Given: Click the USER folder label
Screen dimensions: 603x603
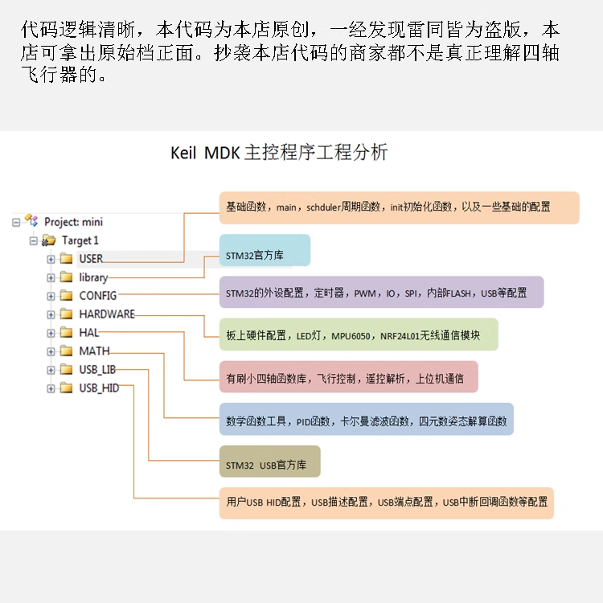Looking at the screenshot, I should click(91, 259).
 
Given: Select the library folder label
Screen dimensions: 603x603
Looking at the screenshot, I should click(93, 277).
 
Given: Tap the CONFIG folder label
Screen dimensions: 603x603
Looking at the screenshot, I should click(97, 296).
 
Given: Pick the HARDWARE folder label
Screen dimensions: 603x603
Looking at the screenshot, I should click(107, 314).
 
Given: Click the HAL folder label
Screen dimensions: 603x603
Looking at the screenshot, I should click(89, 333).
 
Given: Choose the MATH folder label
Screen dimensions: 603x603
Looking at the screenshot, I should click(94, 351).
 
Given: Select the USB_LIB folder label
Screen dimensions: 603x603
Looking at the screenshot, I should click(98, 370).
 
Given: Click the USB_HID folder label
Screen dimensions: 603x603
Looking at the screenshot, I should click(99, 388).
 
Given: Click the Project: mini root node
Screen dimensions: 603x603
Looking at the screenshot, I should click(73, 222).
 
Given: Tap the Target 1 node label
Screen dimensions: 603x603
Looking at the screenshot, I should click(80, 240).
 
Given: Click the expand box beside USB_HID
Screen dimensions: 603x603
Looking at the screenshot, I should click(51, 388).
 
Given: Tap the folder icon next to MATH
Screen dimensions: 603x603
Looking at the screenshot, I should click(66, 351).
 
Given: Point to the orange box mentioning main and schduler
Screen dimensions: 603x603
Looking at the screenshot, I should click(399, 207).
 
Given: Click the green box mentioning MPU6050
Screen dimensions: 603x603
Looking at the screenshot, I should click(358, 334).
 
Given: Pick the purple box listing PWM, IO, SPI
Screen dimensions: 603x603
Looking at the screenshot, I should click(381, 293).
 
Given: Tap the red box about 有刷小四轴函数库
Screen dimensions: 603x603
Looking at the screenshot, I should click(348, 376).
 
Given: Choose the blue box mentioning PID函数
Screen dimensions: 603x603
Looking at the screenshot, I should click(366, 419).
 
